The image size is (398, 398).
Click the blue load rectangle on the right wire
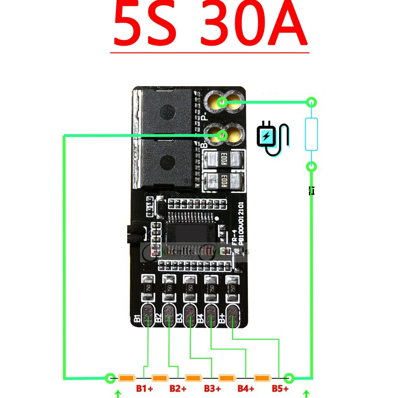[x=311, y=134]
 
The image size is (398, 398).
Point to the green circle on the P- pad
[x=223, y=103]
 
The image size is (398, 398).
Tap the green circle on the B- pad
[x=223, y=136]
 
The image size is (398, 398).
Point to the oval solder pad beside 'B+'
[x=233, y=317]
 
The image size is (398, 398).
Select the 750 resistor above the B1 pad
[x=148, y=287]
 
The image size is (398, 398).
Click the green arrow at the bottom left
[x=118, y=394]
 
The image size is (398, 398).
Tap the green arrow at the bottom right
[x=306, y=394]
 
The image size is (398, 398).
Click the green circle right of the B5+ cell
[x=289, y=378]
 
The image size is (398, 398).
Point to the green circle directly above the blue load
[x=311, y=103]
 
